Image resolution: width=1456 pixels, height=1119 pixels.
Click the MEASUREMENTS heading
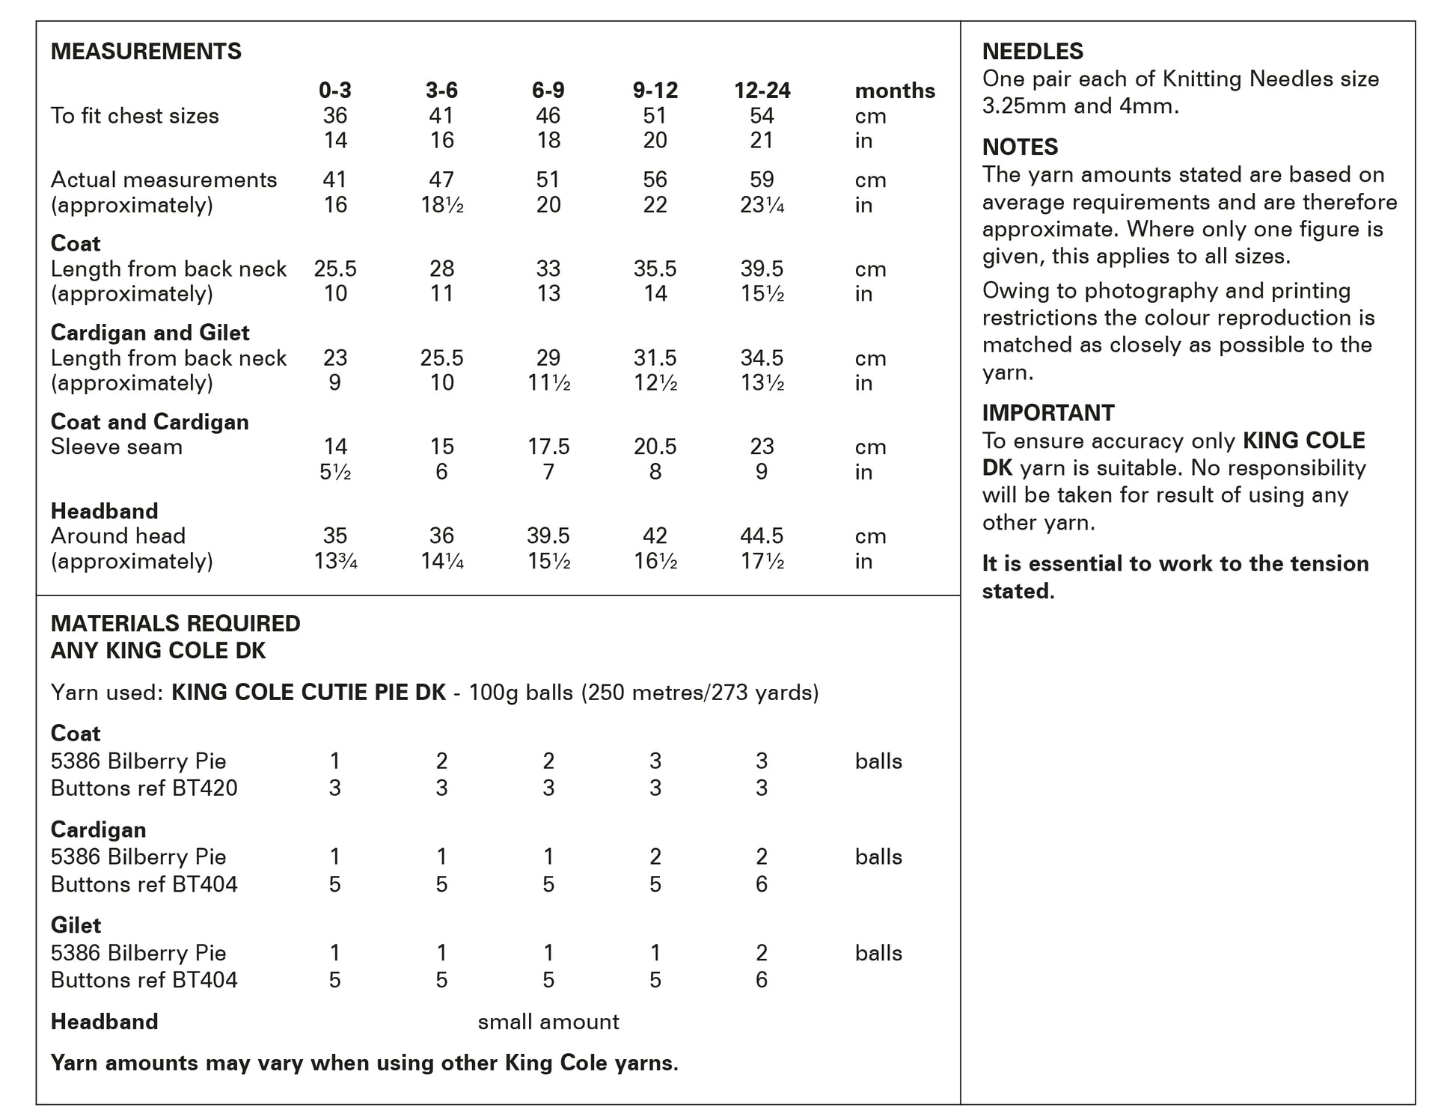click(146, 52)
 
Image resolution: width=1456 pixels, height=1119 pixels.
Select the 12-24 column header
click(762, 91)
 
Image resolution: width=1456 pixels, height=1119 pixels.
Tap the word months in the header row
click(895, 91)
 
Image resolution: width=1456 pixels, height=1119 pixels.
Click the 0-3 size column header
click(334, 91)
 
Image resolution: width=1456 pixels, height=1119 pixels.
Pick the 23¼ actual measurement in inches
click(762, 205)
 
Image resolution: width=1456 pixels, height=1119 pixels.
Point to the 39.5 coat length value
click(762, 269)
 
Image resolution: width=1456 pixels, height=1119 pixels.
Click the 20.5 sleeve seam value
click(655, 447)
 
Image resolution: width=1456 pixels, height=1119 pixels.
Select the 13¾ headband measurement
click(335, 561)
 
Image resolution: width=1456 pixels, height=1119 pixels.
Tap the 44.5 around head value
click(762, 536)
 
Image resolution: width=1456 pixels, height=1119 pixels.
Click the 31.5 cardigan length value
click(655, 358)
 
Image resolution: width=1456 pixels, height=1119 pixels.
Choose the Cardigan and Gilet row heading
click(150, 333)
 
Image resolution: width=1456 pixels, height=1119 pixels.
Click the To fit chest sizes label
click(135, 116)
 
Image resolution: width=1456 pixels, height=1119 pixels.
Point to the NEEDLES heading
click(1033, 52)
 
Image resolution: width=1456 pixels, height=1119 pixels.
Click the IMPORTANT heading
click(1048, 413)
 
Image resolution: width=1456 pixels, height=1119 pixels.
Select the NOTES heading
click(1020, 147)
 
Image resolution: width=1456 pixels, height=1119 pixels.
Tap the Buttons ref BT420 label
click(144, 788)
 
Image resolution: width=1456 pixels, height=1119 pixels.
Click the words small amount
click(548, 1022)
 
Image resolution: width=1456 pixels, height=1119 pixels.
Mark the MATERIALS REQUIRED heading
click(175, 623)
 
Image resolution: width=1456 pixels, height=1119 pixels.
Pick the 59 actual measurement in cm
click(762, 180)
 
